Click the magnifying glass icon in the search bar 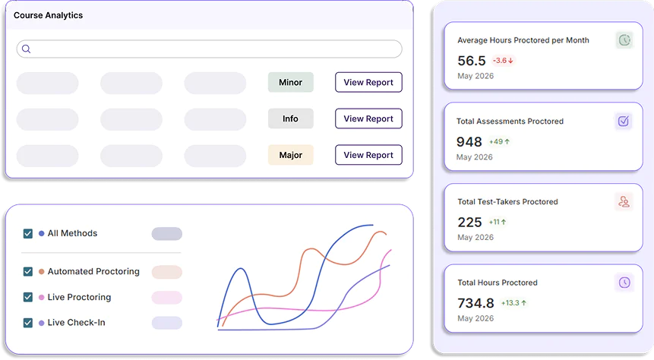point(27,49)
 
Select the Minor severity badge point(291,82)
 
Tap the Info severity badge point(291,118)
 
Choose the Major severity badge point(291,155)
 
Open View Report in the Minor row point(368,82)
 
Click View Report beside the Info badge point(368,118)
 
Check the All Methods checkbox point(28,234)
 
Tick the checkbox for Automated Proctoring point(28,272)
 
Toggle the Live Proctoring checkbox point(28,297)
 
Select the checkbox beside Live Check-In point(28,323)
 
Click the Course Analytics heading point(49,15)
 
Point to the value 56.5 point(472,61)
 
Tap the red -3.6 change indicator point(503,61)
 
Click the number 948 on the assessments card point(469,142)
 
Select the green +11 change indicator point(498,222)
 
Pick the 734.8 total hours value point(476,303)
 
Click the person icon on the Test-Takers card point(624,202)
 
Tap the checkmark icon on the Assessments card point(624,121)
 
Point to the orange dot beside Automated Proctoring point(41,272)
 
